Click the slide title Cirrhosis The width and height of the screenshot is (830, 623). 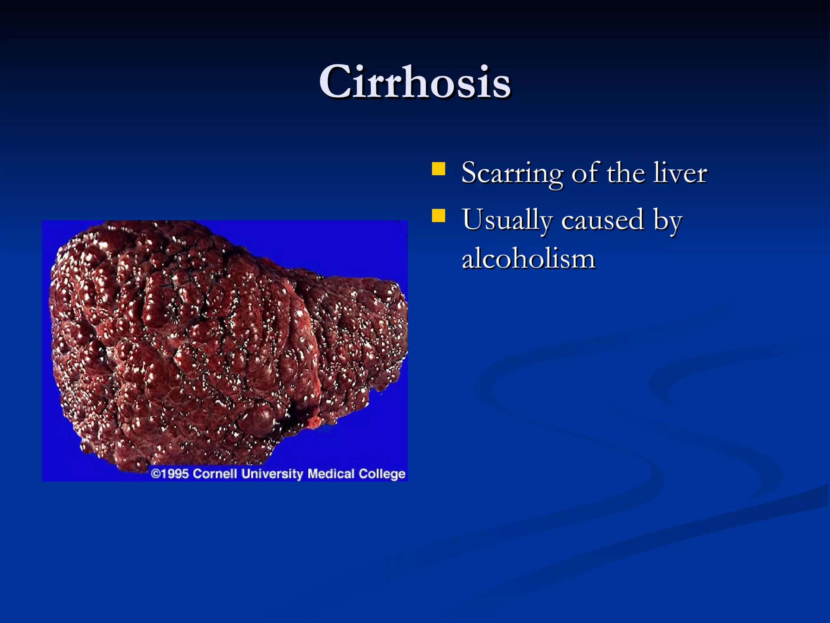point(415,82)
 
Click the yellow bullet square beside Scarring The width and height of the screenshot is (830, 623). point(439,169)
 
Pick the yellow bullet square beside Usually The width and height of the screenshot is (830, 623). point(439,216)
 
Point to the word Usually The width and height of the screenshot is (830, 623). point(507,220)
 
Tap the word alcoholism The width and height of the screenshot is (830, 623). point(528,259)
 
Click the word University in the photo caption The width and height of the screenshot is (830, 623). point(272,474)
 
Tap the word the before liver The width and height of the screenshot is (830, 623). point(626,173)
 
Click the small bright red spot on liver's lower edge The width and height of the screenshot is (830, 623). point(314,423)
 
